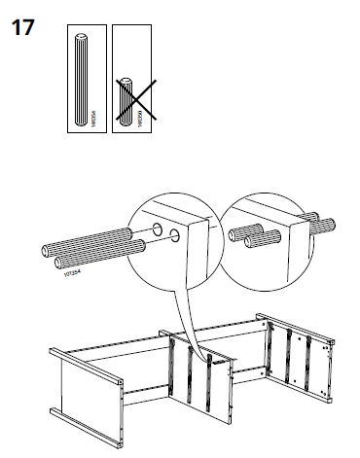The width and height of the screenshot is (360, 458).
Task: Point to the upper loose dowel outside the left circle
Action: point(88,238)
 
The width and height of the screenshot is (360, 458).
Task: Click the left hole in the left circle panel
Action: point(156,231)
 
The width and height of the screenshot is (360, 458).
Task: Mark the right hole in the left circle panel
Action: point(175,234)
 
